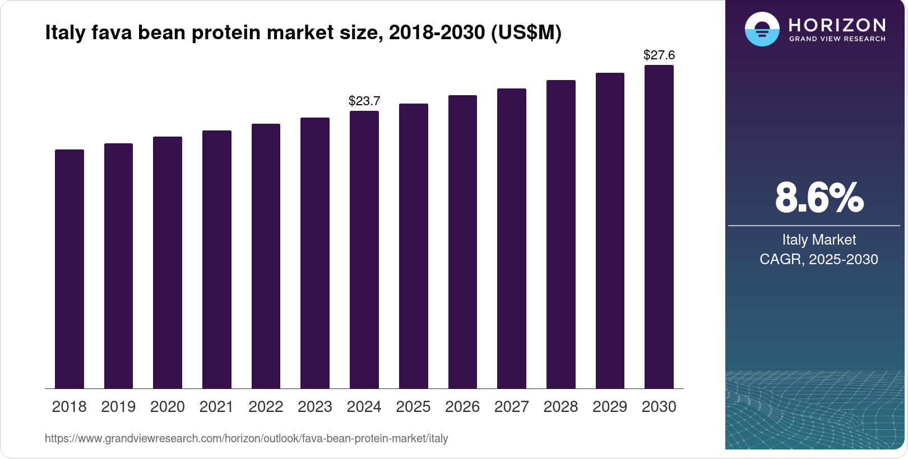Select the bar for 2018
coord(70,269)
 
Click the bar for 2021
coord(217,259)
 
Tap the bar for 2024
coord(364,250)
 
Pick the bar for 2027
coord(512,238)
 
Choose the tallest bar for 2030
coord(659,227)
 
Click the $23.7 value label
coord(364,101)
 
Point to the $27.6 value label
coord(659,55)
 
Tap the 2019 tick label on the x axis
coord(118,407)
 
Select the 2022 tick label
coord(266,407)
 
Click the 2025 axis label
coord(413,407)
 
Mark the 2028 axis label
coord(560,407)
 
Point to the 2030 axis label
coord(659,407)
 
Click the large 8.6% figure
coord(819,198)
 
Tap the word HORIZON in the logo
coord(837,25)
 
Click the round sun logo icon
coord(762,29)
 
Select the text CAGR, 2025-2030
coord(819,260)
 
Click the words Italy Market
coord(819,240)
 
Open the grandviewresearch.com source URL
coord(246,439)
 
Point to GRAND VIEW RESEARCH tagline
coord(837,39)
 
